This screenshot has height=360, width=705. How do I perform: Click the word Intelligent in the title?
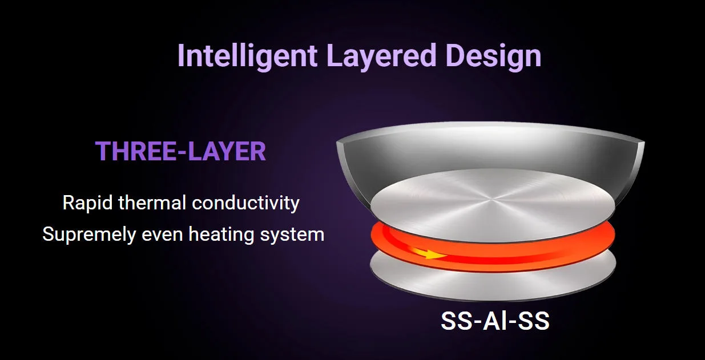[247, 56]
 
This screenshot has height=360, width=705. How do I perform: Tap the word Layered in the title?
[381, 56]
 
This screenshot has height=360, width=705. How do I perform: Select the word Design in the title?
[493, 56]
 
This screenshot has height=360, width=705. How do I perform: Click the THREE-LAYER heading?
[180, 151]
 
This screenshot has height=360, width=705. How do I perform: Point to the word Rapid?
[87, 203]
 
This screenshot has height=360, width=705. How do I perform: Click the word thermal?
[152, 203]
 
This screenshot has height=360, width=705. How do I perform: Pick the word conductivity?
[245, 203]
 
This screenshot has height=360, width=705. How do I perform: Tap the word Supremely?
[89, 235]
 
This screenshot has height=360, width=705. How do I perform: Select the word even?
[162, 235]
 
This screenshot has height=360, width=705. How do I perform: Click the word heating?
[221, 235]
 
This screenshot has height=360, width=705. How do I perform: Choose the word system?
[292, 236]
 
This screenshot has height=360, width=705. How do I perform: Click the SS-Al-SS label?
[495, 321]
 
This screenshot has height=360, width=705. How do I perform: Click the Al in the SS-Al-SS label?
[495, 321]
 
